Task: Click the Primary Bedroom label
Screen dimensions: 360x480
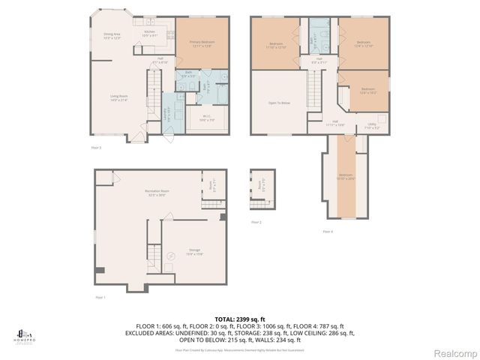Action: (x=200, y=43)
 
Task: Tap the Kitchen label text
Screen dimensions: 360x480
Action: (x=150, y=33)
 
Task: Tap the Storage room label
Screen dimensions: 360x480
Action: (x=194, y=251)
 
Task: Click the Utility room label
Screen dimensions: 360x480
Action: (x=371, y=125)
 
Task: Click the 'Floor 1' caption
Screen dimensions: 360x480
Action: (x=100, y=297)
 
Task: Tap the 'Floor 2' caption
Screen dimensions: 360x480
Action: (x=256, y=222)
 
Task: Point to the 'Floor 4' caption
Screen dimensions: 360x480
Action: (x=328, y=231)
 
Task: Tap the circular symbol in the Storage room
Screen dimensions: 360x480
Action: (x=171, y=256)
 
